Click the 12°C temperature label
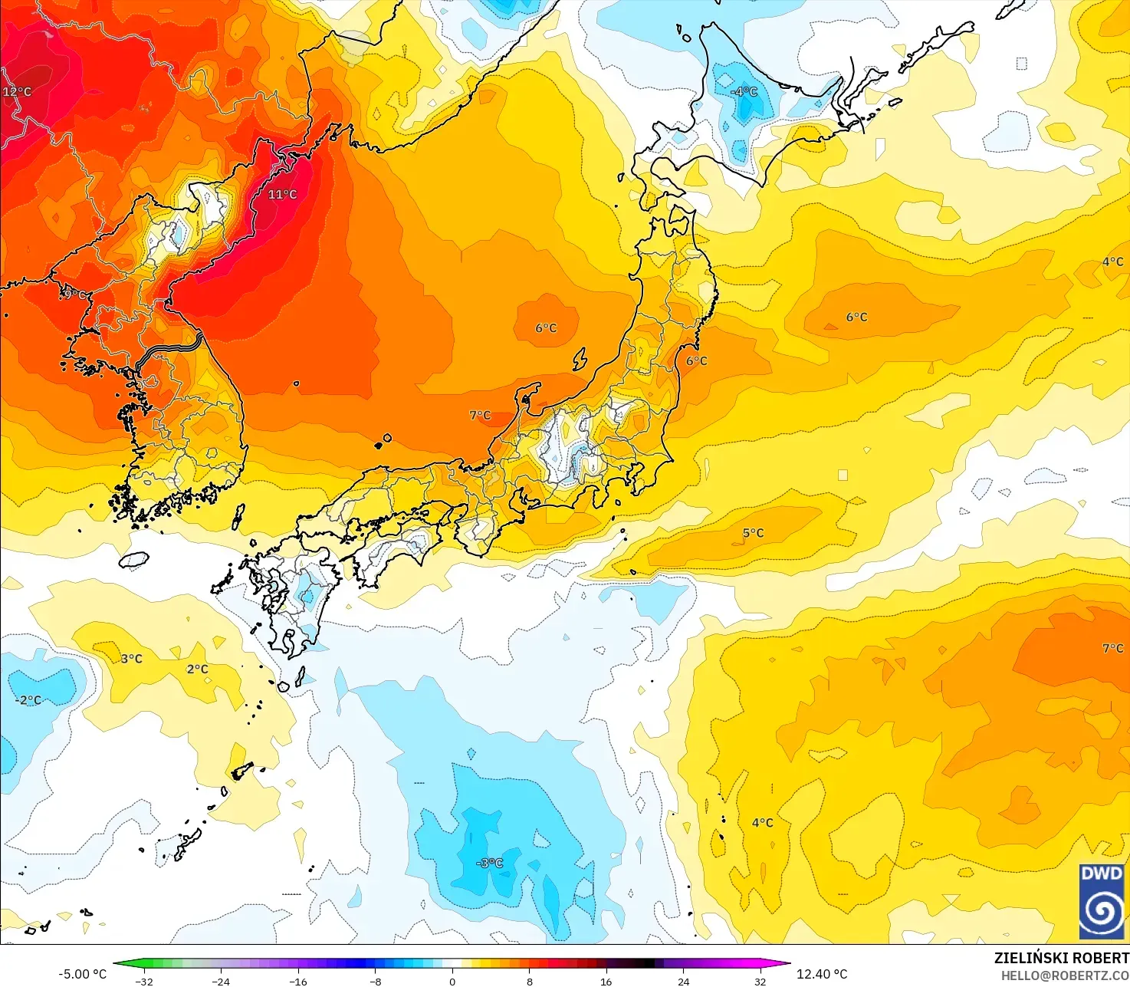[x=17, y=92]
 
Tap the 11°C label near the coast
[x=282, y=195]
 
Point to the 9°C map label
[x=75, y=294]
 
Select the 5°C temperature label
[x=753, y=533]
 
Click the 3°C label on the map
[x=131, y=659]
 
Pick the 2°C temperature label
[x=197, y=669]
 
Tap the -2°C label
[x=28, y=700]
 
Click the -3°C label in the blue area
[x=489, y=863]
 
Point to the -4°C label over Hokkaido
[x=744, y=92]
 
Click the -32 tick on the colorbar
[x=144, y=981]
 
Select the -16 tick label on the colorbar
[x=298, y=981]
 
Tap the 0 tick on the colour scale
[x=452, y=981]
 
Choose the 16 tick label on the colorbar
[x=606, y=981]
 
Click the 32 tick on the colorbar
[x=760, y=981]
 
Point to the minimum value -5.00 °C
[x=83, y=974]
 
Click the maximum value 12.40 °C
[x=822, y=974]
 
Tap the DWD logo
[x=1102, y=901]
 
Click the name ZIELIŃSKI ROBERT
[x=1062, y=958]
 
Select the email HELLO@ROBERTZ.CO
[x=1065, y=975]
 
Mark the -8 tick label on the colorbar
[x=375, y=981]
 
